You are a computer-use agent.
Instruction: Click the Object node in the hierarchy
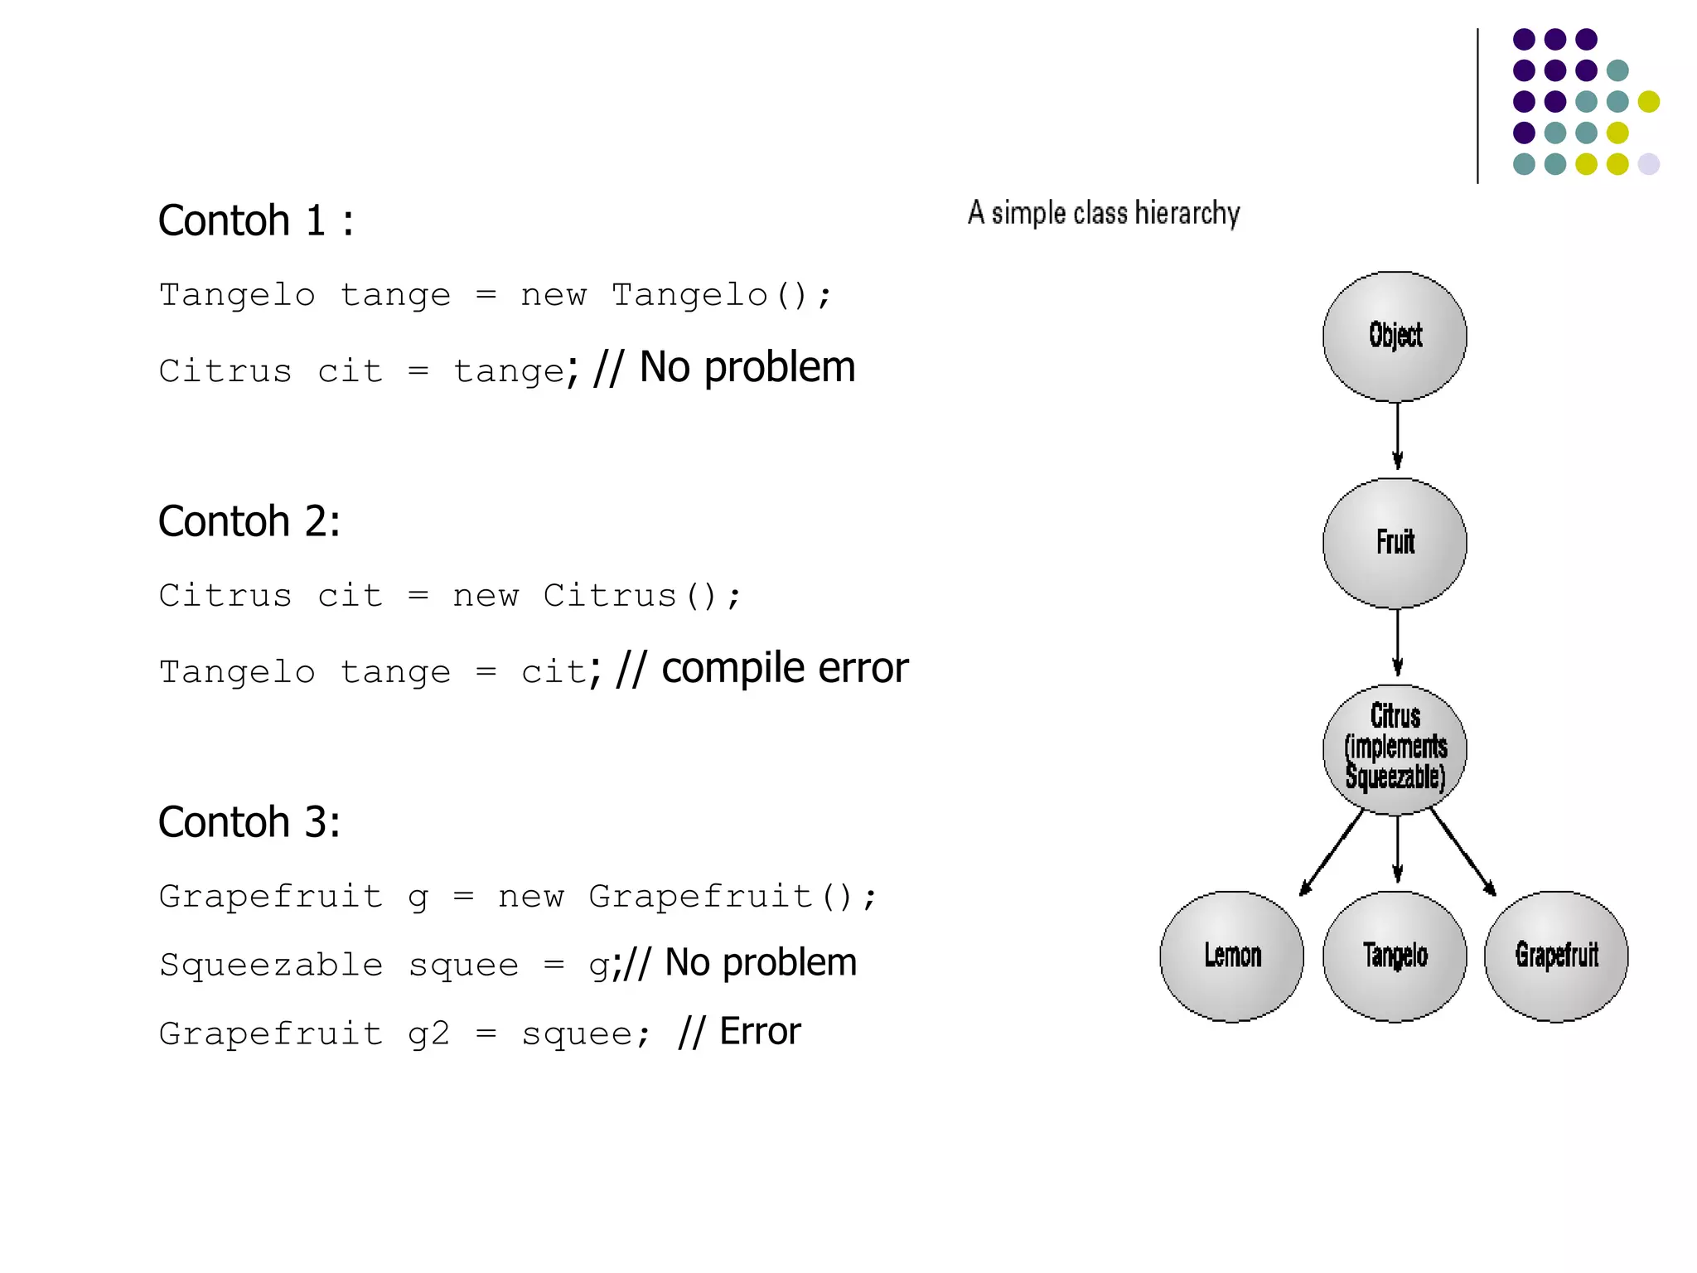click(x=1395, y=336)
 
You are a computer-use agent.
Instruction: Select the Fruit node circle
click(x=1395, y=543)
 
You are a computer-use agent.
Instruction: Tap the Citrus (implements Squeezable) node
click(x=1395, y=748)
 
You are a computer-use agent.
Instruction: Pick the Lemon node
click(x=1231, y=956)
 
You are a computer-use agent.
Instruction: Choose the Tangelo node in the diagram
click(x=1395, y=956)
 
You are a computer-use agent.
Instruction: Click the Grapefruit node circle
click(x=1556, y=956)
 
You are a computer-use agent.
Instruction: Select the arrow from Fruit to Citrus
click(x=1397, y=642)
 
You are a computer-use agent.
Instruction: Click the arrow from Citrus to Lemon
click(x=1332, y=853)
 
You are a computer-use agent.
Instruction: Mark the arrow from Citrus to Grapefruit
click(x=1463, y=853)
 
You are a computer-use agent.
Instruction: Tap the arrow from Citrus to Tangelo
click(x=1397, y=849)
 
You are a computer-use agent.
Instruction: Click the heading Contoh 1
click(x=255, y=220)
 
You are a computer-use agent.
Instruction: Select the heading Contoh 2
click(x=249, y=521)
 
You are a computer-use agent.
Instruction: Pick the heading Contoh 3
click(x=249, y=822)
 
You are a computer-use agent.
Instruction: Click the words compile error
click(x=784, y=668)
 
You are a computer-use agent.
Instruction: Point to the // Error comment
click(x=739, y=1032)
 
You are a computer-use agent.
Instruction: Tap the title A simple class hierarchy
click(x=1103, y=213)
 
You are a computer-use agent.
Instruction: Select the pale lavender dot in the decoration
click(x=1648, y=164)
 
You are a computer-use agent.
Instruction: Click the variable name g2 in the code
click(x=428, y=1033)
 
